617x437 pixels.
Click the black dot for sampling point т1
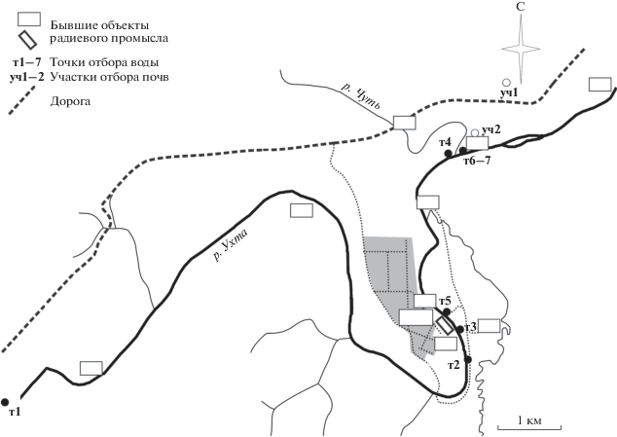[5, 402]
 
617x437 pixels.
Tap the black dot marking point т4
[448, 153]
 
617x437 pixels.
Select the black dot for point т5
[447, 312]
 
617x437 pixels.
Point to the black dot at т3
[460, 329]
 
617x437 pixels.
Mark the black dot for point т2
[468, 359]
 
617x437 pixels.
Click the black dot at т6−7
[463, 150]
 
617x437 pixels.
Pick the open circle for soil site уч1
[506, 83]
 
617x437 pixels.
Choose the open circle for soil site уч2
[475, 132]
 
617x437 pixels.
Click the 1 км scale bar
[529, 427]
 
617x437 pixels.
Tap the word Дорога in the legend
[70, 101]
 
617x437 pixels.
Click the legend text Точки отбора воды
[104, 62]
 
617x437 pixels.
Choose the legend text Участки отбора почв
[109, 77]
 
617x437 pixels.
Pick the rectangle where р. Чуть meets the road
[405, 123]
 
